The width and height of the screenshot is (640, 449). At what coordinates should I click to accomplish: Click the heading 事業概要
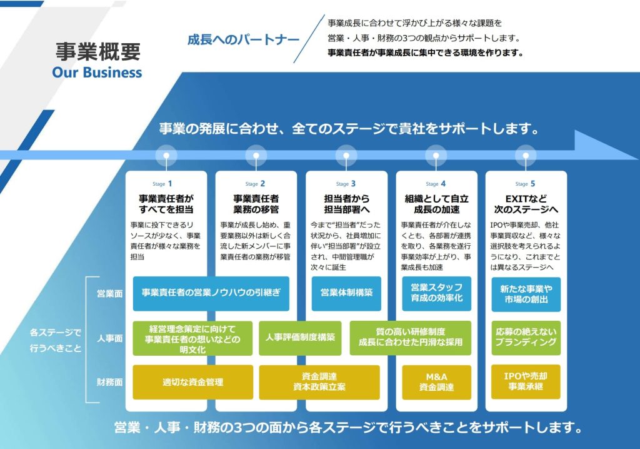point(97,51)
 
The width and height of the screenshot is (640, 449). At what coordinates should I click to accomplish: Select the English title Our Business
point(97,72)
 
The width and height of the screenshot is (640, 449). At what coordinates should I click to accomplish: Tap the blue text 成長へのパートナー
point(243,39)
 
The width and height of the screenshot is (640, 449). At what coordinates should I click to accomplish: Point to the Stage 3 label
point(346,184)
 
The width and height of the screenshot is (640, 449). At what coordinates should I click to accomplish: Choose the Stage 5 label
point(525,184)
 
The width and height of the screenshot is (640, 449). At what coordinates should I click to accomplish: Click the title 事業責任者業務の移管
point(256,204)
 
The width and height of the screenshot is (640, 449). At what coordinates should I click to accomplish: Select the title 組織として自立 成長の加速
point(436,204)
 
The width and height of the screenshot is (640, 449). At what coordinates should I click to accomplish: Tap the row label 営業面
point(109,293)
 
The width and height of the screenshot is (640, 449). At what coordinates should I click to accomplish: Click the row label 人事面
point(109,338)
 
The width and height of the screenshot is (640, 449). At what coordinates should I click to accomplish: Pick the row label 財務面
point(109,381)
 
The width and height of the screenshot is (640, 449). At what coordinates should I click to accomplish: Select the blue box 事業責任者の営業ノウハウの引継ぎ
point(211,293)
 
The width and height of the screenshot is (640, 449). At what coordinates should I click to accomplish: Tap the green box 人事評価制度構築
point(300,338)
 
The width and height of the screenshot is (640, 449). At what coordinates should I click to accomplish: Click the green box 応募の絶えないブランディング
point(526,338)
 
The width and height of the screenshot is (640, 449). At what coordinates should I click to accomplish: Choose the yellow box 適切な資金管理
point(192,382)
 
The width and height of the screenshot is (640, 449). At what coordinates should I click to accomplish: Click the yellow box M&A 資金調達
point(436,382)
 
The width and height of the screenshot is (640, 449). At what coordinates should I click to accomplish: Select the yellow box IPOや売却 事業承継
point(526,382)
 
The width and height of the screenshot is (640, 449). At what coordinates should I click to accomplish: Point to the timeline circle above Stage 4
point(436,154)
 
